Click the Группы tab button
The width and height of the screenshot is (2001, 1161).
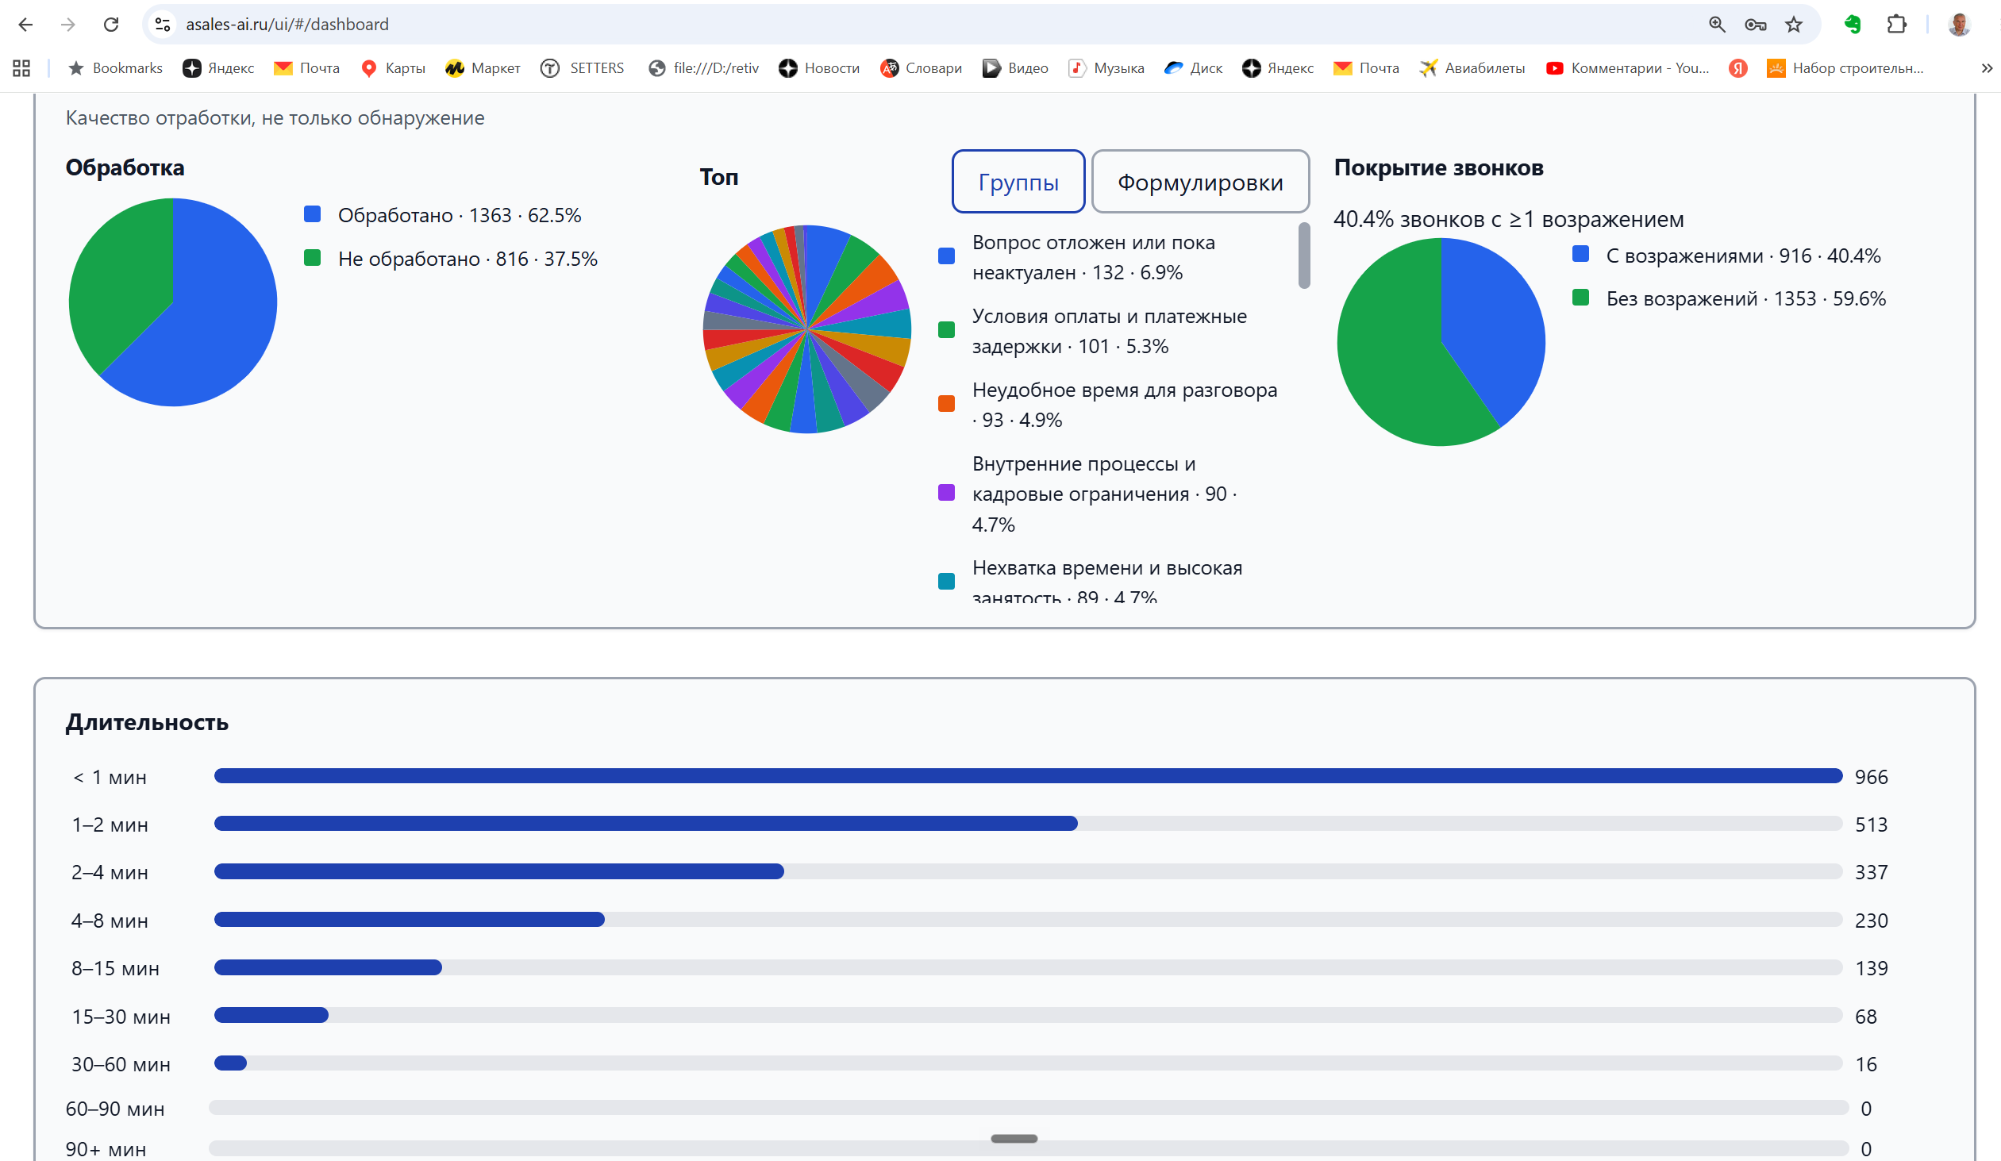click(x=1018, y=182)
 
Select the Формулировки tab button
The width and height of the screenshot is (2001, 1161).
click(x=1200, y=182)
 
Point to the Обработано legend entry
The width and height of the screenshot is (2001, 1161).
click(x=443, y=215)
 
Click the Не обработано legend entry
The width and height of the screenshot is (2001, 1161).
click(x=451, y=259)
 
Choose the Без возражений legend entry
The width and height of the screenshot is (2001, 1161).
click(x=1729, y=298)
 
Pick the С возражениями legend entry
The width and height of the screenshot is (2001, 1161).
click(x=1726, y=256)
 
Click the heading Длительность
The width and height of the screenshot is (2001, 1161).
click(x=147, y=723)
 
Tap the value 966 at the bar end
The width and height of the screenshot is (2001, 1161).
click(x=1871, y=777)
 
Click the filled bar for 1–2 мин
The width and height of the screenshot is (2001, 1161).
click(x=645, y=824)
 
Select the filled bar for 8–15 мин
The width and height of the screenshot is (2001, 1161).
click(x=328, y=967)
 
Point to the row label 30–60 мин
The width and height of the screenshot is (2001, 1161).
click(x=121, y=1064)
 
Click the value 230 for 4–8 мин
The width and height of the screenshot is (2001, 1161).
click(x=1871, y=921)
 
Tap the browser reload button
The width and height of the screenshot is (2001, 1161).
click(x=111, y=24)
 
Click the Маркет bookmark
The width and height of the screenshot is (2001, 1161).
click(x=483, y=68)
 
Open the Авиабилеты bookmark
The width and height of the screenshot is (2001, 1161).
click(x=1472, y=68)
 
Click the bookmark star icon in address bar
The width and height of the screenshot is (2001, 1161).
click(x=1794, y=25)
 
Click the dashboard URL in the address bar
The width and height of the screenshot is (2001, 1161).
click(x=287, y=25)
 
